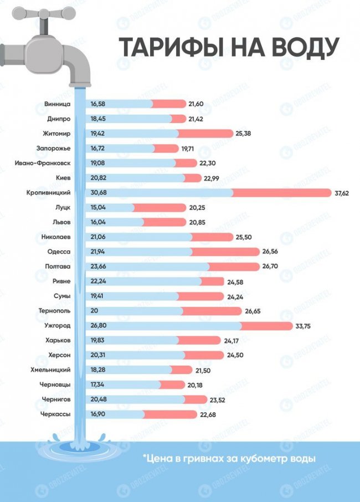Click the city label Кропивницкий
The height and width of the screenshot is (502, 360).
49,192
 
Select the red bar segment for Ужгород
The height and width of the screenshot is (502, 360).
266,325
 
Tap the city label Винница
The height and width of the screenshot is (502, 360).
57,104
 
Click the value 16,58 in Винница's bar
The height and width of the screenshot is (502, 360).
97,104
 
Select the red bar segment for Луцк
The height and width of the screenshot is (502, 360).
159,207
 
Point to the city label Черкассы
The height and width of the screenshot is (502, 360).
55,414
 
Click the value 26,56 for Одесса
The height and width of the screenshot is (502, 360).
271,252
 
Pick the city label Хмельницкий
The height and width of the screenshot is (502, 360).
50,370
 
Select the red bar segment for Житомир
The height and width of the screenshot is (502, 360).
205,134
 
